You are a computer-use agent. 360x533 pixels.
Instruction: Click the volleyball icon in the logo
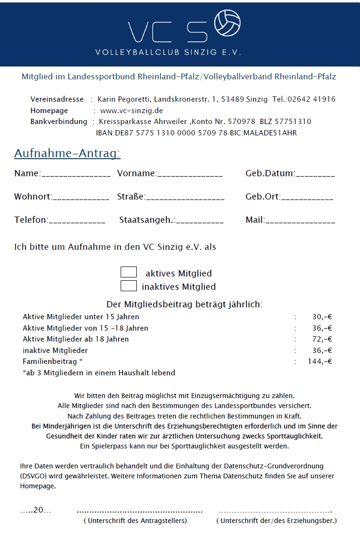[227, 23]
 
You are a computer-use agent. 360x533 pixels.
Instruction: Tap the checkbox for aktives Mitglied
[129, 272]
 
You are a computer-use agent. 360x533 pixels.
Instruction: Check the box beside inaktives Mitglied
[129, 286]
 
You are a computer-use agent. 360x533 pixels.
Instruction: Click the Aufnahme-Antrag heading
[67, 153]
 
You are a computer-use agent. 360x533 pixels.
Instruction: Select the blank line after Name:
[76, 175]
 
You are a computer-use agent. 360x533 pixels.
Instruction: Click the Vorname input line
[190, 175]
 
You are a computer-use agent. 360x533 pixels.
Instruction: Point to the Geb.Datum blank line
[315, 175]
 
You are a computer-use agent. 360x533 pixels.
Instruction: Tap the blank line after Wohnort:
[81, 198]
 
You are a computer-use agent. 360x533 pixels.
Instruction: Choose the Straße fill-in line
[185, 198]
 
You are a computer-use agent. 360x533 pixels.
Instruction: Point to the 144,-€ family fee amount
[320, 362]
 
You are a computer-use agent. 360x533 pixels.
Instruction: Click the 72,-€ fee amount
[322, 339]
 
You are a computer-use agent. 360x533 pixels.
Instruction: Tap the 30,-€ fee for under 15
[322, 317]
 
